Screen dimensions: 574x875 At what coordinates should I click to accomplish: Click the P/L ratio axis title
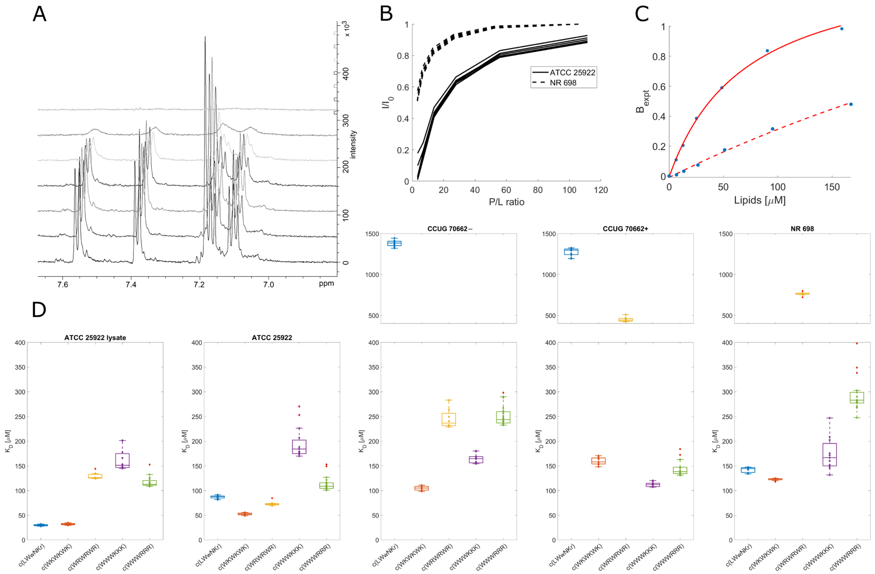click(x=506, y=202)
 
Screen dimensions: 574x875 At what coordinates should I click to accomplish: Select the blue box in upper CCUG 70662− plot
click(x=394, y=243)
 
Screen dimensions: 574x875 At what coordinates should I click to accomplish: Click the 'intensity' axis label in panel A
click(x=353, y=144)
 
